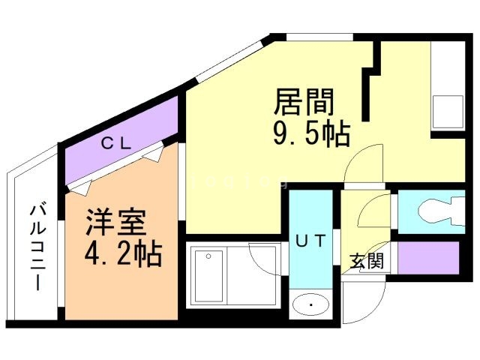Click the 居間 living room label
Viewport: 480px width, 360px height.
tap(304, 100)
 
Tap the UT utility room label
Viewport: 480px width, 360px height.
tap(309, 241)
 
